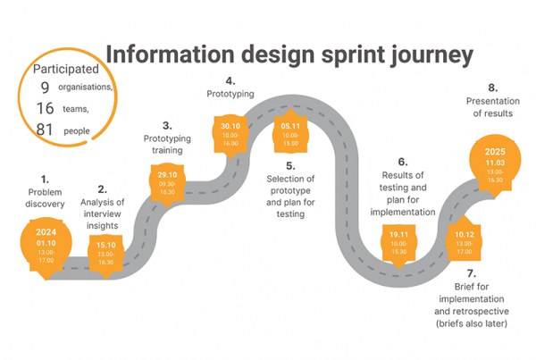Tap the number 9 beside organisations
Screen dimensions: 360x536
point(45,87)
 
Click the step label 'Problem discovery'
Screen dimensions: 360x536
point(46,197)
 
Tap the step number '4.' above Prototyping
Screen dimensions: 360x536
point(230,80)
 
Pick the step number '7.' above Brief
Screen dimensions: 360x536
point(471,272)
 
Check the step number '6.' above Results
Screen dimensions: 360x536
point(402,162)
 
